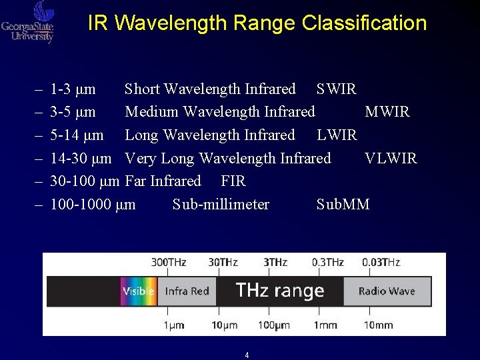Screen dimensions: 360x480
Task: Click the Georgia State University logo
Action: pyautogui.click(x=28, y=22)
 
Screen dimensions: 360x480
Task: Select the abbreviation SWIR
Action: pyautogui.click(x=337, y=89)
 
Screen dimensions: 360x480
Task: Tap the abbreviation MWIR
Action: pyautogui.click(x=387, y=112)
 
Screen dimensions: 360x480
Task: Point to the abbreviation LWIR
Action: pyautogui.click(x=337, y=135)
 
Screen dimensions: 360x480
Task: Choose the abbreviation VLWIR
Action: pyautogui.click(x=391, y=159)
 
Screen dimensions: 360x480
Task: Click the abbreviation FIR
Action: pyautogui.click(x=233, y=181)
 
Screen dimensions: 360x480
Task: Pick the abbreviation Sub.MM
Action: pyautogui.click(x=343, y=205)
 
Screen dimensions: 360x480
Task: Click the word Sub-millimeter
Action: pyautogui.click(x=221, y=205)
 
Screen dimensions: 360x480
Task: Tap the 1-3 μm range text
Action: pyautogui.click(x=73, y=89)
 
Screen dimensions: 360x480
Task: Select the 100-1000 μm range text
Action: pyautogui.click(x=93, y=205)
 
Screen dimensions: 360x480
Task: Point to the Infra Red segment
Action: pyautogui.click(x=187, y=291)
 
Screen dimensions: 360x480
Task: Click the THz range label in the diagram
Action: pyautogui.click(x=280, y=291)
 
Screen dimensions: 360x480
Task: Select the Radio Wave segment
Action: pyautogui.click(x=387, y=291)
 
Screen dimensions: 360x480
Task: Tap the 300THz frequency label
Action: pyautogui.click(x=169, y=263)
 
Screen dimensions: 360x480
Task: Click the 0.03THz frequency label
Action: pyautogui.click(x=381, y=263)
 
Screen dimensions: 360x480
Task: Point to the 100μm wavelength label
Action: pyautogui.click(x=275, y=325)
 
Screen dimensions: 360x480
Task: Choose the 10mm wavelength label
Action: pyautogui.click(x=378, y=325)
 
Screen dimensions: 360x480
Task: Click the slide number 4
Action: pyautogui.click(x=247, y=355)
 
